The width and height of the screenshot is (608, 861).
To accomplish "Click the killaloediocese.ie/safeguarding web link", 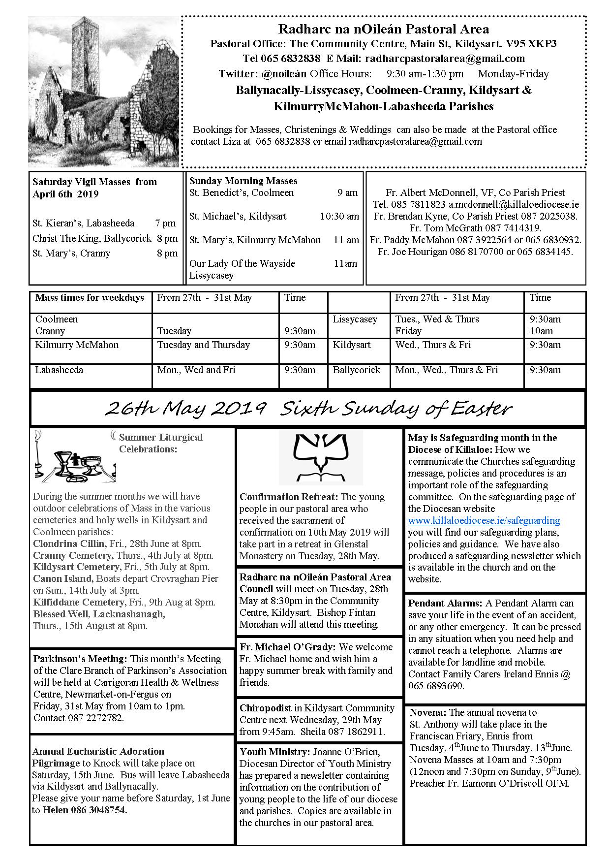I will (484, 520).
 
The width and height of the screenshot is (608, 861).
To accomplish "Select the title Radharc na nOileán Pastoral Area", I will (383, 30).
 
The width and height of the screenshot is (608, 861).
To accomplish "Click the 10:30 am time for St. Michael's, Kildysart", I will (339, 216).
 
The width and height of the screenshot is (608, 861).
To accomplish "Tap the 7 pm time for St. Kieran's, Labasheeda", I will (165, 223).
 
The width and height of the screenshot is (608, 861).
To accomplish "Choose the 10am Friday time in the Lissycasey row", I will (541, 331).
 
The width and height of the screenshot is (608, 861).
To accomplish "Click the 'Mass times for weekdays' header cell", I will (90, 298).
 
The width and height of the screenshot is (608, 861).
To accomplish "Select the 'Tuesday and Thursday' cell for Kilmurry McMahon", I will (203, 345).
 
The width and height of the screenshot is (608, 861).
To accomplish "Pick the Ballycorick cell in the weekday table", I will (356, 370).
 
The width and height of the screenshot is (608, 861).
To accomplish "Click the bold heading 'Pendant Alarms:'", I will (445, 603).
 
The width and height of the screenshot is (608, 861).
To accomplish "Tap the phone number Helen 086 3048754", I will (85, 810).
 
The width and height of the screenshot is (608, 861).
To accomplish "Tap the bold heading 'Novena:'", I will (428, 712).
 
